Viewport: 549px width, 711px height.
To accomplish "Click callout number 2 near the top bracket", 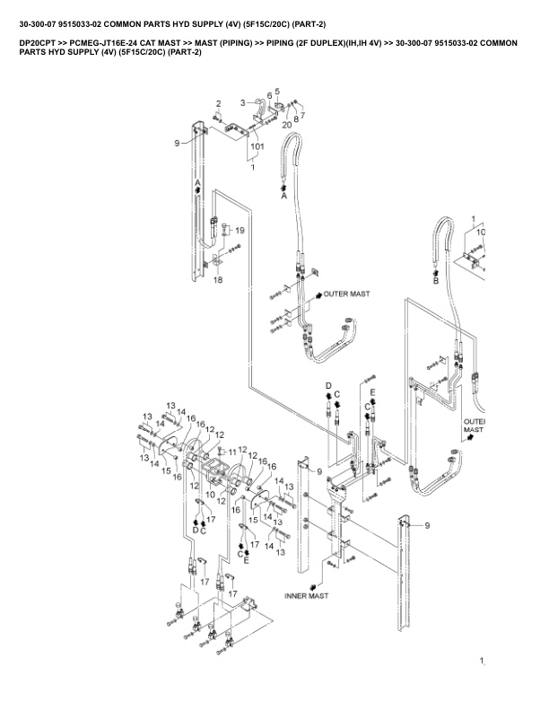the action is (218, 104).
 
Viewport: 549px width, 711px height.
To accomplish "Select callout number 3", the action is (243, 103).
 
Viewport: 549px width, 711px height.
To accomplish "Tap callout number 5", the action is (277, 92).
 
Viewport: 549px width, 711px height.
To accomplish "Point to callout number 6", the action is (269, 96).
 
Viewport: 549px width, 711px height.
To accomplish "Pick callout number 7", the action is (302, 115).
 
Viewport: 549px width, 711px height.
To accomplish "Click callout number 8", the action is (296, 118).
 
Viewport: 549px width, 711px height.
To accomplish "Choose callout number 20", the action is (287, 125).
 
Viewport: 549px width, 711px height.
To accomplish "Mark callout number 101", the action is (257, 146).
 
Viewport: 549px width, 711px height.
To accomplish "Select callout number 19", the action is (240, 231).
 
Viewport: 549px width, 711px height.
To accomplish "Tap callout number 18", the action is (218, 280).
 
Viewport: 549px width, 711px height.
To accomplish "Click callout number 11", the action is (232, 452).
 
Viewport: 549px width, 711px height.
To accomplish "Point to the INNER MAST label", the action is (306, 596).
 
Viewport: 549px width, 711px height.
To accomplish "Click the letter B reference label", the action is (436, 281).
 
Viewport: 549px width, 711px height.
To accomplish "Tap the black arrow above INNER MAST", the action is (312, 588).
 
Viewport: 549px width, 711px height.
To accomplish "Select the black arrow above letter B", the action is (436, 273).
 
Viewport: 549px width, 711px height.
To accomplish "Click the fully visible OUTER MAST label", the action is (346, 294).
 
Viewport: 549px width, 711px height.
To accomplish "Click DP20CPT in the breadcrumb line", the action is (38, 43).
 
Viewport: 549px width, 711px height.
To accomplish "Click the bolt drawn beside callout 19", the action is (225, 229).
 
